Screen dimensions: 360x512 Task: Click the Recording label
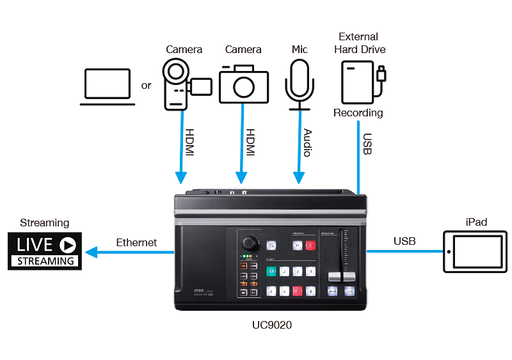coord(358,113)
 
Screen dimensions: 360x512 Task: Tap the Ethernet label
coord(136,243)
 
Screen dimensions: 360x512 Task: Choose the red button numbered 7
coord(296,291)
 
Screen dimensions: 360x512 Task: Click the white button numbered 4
coord(310,271)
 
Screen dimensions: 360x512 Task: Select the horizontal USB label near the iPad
coord(404,241)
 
